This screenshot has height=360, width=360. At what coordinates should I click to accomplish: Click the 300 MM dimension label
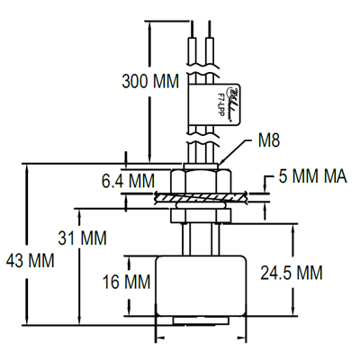[x=149, y=82]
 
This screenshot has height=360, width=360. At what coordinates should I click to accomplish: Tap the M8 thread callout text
[x=270, y=141]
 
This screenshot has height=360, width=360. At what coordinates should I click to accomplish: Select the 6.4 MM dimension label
[x=128, y=181]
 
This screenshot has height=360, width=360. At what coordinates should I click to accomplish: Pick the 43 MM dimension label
[x=30, y=261]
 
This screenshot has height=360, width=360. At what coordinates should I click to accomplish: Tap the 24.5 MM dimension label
[x=292, y=272]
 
